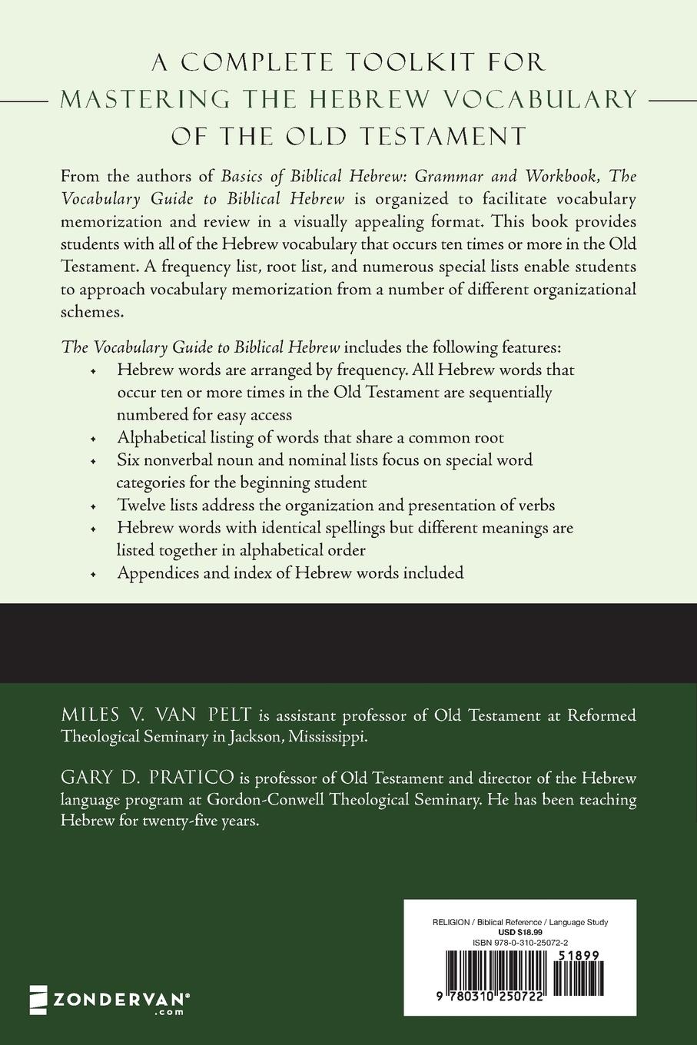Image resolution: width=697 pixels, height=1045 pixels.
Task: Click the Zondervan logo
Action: (108, 1000)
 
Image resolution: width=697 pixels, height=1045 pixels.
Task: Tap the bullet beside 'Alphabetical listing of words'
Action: (93, 439)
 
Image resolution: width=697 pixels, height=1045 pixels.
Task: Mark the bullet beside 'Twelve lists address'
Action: (93, 506)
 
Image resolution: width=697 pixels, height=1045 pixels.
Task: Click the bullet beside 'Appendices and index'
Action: (93, 574)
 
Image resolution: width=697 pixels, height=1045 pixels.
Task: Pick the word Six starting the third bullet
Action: (128, 460)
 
